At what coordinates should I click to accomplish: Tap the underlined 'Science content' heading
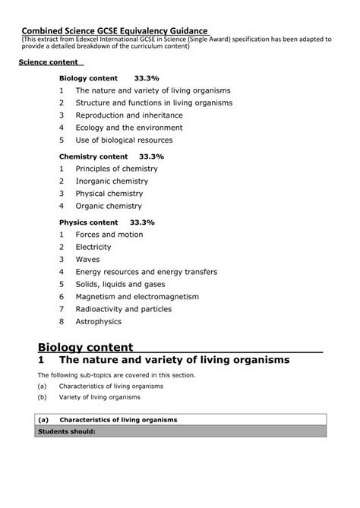click(51, 62)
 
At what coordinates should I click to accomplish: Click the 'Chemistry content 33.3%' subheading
click(112, 156)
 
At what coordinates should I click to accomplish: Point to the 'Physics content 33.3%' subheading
click(107, 222)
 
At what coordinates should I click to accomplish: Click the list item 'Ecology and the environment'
click(128, 128)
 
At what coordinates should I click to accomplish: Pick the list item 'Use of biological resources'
click(124, 140)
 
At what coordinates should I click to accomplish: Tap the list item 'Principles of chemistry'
click(116, 168)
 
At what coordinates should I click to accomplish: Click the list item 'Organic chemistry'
click(108, 206)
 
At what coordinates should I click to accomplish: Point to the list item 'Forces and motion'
click(109, 235)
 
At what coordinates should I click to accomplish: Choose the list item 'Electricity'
click(93, 247)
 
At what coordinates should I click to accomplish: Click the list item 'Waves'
click(87, 259)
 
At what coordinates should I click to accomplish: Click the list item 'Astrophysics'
click(98, 321)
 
